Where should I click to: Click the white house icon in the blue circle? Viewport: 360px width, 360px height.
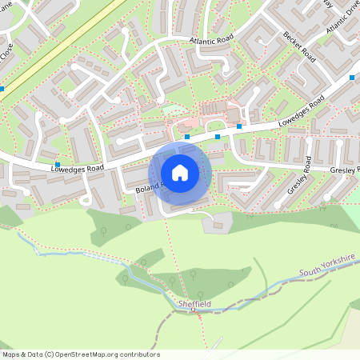pyautogui.click(x=180, y=173)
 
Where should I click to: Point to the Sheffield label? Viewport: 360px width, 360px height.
pyautogui.click(x=194, y=305)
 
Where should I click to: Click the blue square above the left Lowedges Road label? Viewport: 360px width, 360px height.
pyautogui.click(x=58, y=163)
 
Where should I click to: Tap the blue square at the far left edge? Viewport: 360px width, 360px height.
pyautogui.click(x=2, y=89)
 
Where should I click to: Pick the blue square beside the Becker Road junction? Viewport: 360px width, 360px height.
pyautogui.click(x=352, y=77)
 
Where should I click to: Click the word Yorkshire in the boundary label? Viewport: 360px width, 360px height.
pyautogui.click(x=339, y=263)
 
